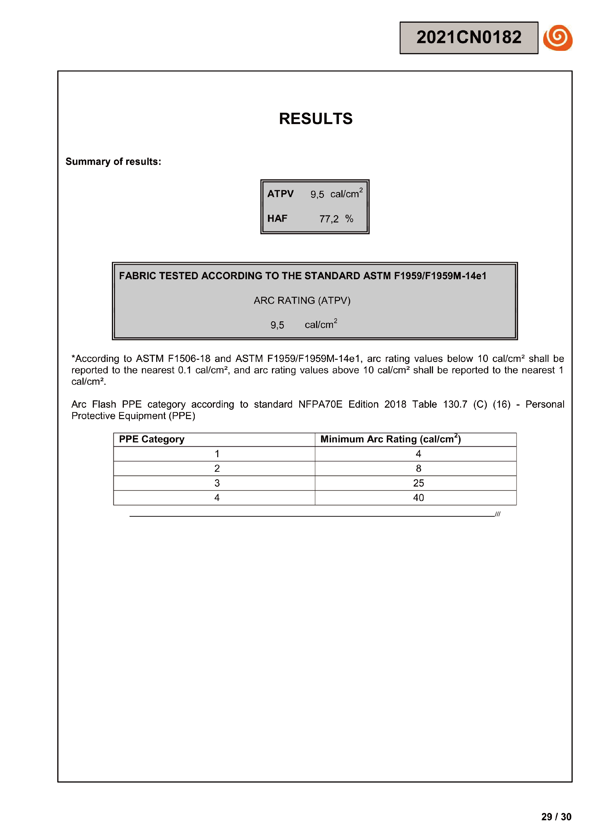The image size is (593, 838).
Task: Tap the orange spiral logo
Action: [558, 38]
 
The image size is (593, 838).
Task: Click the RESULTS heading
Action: [316, 119]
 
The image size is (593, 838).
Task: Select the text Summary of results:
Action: [113, 162]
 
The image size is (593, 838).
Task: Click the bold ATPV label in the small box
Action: [280, 194]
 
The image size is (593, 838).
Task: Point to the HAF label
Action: [277, 219]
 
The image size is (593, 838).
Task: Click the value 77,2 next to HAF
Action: [329, 219]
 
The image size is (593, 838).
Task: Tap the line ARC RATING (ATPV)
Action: [302, 300]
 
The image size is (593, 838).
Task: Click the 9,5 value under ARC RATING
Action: [277, 325]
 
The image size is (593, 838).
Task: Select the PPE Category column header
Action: [152, 439]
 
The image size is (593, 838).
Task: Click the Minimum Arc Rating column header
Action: [390, 439]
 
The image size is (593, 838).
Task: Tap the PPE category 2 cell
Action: [217, 469]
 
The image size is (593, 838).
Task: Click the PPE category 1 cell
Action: [217, 454]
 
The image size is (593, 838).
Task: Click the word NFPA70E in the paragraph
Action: [320, 404]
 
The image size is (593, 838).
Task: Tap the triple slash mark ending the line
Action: [498, 514]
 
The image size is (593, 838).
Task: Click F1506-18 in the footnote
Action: [189, 359]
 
